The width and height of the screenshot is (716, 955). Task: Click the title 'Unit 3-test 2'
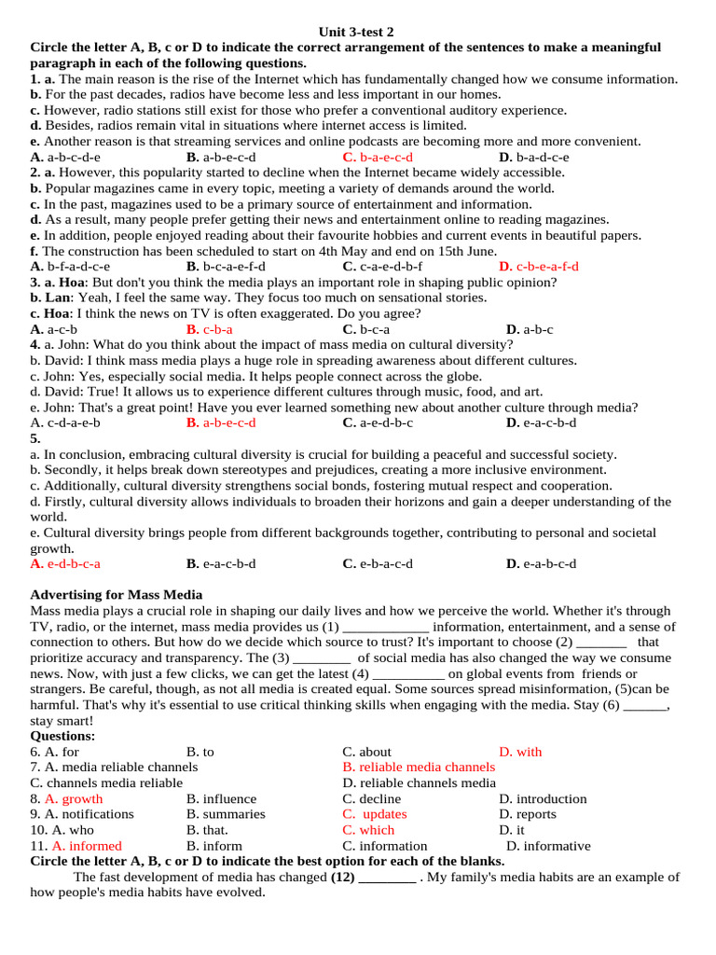[357, 32]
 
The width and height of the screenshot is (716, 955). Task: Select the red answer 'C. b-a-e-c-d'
[378, 157]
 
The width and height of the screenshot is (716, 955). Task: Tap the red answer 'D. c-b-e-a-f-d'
[539, 266]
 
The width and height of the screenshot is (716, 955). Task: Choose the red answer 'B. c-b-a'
[210, 328]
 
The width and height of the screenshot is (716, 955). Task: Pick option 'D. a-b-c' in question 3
[530, 328]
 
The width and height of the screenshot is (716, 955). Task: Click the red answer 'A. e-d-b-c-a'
[65, 563]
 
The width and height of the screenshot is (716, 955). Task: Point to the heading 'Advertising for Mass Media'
[117, 595]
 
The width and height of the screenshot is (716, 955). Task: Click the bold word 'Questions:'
[62, 736]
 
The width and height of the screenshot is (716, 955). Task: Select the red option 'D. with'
[520, 752]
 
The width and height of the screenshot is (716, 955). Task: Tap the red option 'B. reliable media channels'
[419, 767]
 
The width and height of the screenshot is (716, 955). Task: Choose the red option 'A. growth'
[67, 798]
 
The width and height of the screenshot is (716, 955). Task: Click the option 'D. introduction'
[543, 798]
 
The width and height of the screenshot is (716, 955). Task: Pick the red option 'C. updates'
[375, 814]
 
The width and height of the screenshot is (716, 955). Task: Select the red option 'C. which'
[368, 830]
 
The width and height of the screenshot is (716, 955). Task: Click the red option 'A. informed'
[76, 846]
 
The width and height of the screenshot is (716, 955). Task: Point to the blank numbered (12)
[386, 878]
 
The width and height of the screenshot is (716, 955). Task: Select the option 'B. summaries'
[226, 814]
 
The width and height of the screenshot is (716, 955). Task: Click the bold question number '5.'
[35, 438]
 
